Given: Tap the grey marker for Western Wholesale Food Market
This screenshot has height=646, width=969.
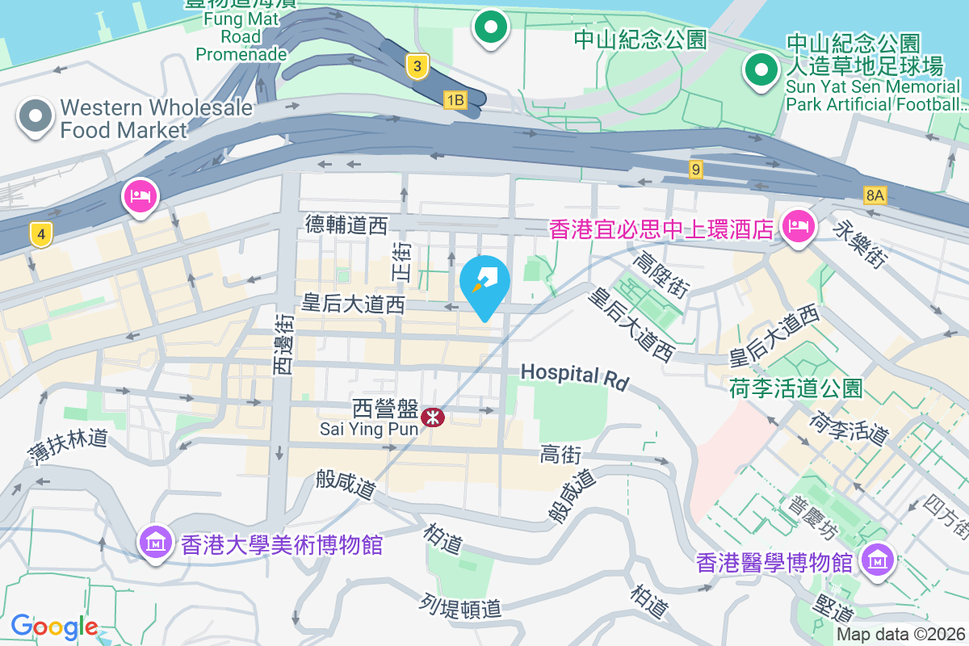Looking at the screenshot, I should [x=35, y=117].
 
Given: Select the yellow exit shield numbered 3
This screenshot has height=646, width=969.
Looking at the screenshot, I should [x=417, y=67].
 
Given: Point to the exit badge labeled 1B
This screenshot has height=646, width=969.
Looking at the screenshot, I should [x=455, y=99].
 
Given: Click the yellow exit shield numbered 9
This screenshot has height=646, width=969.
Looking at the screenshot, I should [x=696, y=170].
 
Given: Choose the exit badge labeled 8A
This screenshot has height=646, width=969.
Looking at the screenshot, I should [x=875, y=195].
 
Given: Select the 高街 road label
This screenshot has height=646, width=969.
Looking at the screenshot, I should [x=560, y=455].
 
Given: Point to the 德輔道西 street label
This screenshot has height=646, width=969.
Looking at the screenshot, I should [x=346, y=225].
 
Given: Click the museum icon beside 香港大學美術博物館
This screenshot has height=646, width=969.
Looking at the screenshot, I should [x=156, y=542].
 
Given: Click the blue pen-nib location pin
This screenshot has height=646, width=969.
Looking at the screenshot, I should [x=484, y=282].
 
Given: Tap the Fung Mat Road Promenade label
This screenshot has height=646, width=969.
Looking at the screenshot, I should [x=241, y=37].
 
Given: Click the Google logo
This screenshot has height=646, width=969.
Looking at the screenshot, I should [x=54, y=627].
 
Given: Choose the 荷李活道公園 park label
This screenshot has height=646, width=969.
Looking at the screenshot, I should [x=795, y=388].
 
